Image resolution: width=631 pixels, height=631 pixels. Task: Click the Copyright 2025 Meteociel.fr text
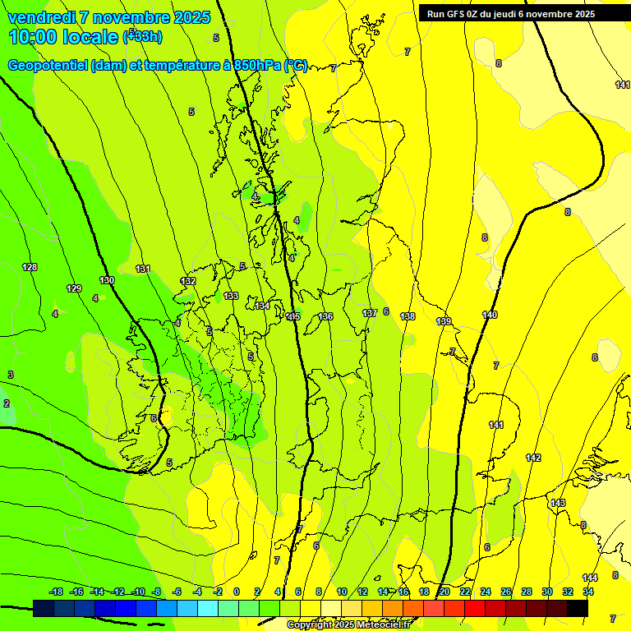[x=348, y=625]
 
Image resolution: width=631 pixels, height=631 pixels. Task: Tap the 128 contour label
[x=30, y=267]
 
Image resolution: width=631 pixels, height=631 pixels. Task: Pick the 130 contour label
[x=107, y=280]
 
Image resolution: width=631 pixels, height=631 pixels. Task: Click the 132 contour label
[x=188, y=281]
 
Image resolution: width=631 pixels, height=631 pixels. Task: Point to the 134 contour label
[x=262, y=306]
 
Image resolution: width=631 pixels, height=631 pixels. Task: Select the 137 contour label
[x=370, y=313]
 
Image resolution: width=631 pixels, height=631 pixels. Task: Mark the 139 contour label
[x=444, y=321]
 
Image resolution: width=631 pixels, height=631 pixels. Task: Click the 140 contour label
[x=490, y=315]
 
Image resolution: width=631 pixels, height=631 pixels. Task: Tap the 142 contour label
[x=533, y=458]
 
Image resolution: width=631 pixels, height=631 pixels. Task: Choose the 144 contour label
[x=590, y=578]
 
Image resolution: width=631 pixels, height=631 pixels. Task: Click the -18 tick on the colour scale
[x=56, y=592]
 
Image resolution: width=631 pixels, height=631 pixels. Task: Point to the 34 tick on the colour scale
[x=588, y=592]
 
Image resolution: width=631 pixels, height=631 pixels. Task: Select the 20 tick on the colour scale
[x=444, y=592]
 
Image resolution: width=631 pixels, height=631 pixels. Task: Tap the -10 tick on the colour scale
[x=139, y=592]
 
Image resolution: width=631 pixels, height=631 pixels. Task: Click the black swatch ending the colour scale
[x=577, y=608]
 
